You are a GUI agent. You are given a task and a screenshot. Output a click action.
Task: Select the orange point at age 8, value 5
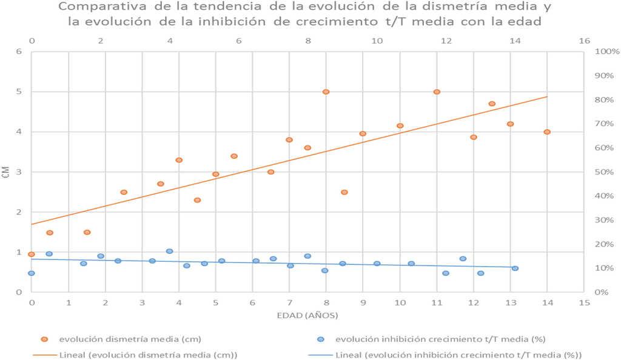click(x=326, y=92)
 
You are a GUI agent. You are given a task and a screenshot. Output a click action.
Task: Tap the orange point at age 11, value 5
click(x=437, y=92)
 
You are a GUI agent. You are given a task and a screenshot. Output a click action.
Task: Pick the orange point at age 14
click(x=547, y=132)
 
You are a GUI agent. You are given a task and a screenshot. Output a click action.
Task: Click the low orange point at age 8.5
click(x=344, y=192)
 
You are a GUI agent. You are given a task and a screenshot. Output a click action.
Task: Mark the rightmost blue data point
click(x=515, y=268)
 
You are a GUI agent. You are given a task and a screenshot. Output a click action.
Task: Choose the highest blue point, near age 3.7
click(x=169, y=251)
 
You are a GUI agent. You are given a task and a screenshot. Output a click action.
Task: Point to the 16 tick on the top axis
click(x=584, y=41)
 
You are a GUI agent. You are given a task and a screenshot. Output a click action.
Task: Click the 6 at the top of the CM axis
click(x=19, y=52)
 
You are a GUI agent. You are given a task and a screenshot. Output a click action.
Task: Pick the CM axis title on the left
click(x=6, y=172)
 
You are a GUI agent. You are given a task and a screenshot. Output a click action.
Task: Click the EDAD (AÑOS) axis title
click(x=307, y=316)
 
